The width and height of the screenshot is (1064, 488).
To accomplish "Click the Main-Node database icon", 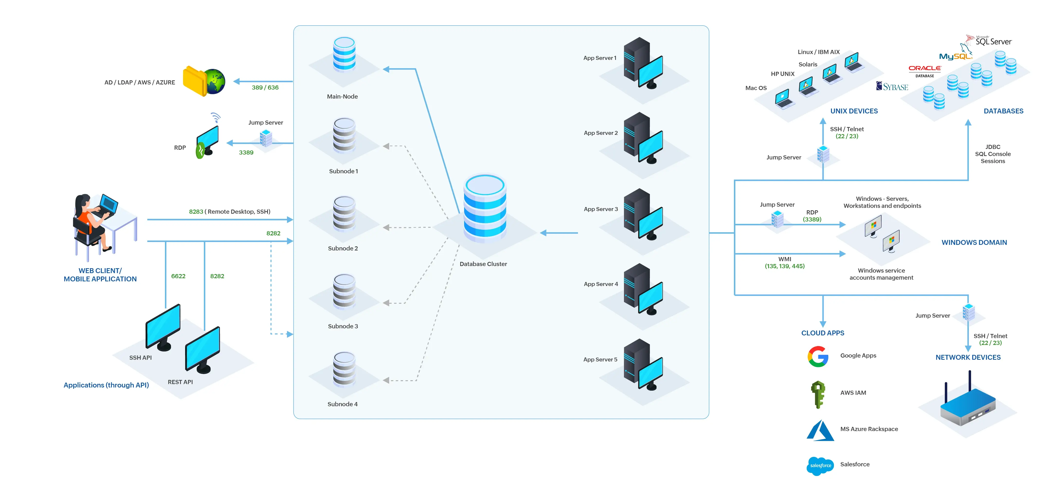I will (344, 55).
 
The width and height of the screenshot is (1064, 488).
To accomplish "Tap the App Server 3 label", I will (601, 209).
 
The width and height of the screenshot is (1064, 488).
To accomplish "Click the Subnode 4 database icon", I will (344, 369).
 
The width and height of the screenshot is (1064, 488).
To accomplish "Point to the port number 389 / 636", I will (265, 88).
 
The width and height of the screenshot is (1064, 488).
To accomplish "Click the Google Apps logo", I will (818, 356).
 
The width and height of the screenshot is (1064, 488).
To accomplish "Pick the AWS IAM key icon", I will (818, 394).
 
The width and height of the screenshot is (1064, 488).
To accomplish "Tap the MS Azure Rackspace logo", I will (820, 431).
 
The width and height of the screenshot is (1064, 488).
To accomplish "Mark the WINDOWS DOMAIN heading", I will (974, 243).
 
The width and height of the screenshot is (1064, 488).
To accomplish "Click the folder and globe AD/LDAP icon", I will (204, 81).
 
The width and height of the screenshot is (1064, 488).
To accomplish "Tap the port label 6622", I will (178, 276).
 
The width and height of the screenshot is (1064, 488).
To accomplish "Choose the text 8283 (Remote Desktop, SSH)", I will (230, 212).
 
